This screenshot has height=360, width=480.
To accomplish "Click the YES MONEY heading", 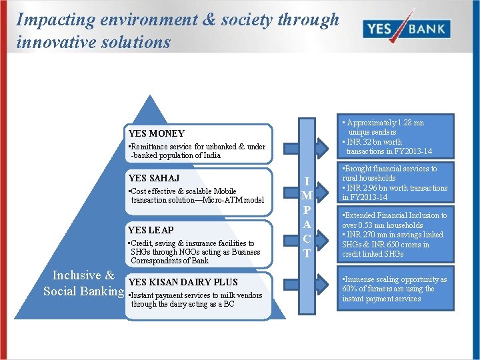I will [x=156, y=133].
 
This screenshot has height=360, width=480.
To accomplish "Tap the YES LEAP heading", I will [x=151, y=230].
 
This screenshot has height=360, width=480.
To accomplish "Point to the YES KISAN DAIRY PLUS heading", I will [x=183, y=282].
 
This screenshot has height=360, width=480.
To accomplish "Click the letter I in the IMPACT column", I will [x=307, y=181].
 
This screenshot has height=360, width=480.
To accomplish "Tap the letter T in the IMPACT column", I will [x=307, y=253].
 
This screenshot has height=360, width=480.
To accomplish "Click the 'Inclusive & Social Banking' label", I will [x=84, y=283].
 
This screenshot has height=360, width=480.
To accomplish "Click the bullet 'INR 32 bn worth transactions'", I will [x=384, y=146].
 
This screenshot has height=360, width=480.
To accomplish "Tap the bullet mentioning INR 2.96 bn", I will [x=394, y=193].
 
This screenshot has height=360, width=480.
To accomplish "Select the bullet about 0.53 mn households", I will [x=393, y=220].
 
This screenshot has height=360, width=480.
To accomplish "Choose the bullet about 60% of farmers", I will [x=393, y=289].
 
